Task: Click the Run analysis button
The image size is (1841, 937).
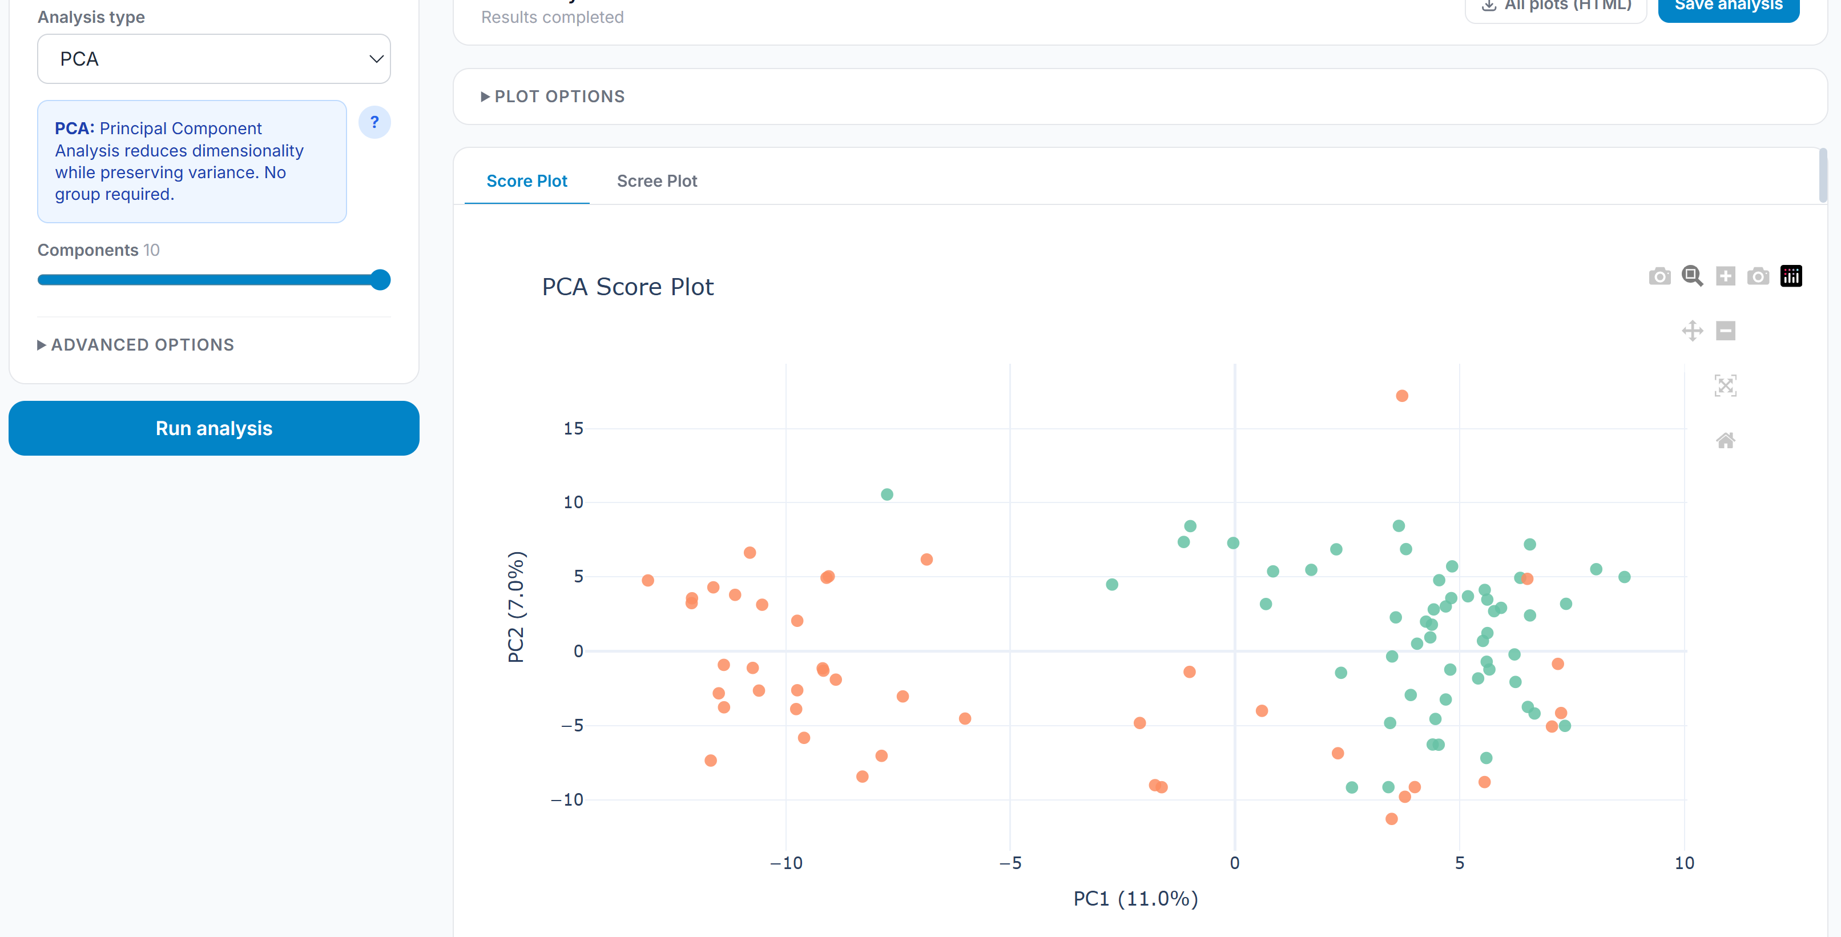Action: coord(213,428)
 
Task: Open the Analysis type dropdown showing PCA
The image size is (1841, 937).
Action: coord(213,59)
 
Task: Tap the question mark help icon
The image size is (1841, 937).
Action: coord(374,122)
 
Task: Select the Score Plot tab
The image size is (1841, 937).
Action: coord(527,181)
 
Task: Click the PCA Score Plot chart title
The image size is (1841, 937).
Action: coord(627,287)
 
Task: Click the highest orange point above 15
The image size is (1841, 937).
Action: coord(1402,396)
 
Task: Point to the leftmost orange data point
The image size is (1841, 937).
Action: coord(647,580)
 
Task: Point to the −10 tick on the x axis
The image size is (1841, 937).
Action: coord(786,863)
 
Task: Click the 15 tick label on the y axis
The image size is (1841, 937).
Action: coord(573,428)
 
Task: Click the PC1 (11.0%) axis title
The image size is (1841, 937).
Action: coord(1135,898)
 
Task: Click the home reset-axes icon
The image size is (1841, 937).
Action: coord(1725,440)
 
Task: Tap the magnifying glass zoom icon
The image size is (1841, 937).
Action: coord(1691,276)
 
